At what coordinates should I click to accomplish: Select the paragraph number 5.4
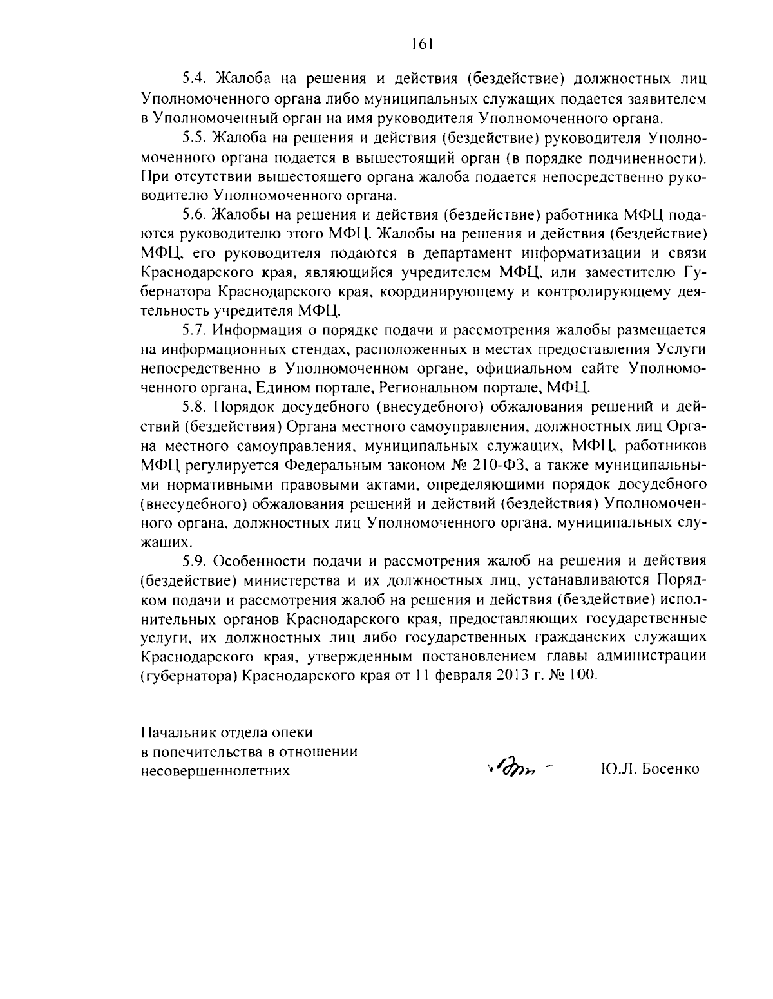[193, 79]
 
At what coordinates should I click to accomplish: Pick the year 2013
[515, 676]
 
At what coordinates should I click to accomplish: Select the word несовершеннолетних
[215, 770]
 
